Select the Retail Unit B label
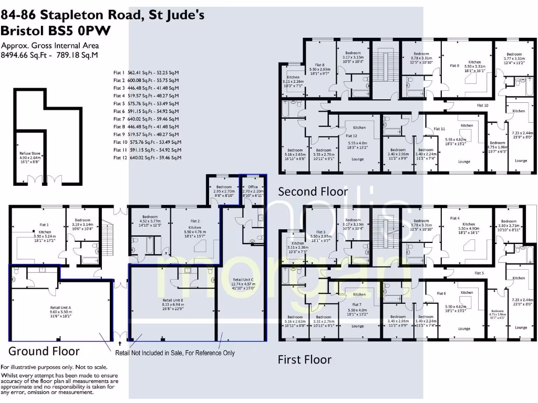[x=173, y=299]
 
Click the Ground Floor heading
[x=44, y=351]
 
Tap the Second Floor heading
[x=313, y=191]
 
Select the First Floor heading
[x=305, y=359]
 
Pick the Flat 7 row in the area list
[x=146, y=119]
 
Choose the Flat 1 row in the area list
[x=146, y=73]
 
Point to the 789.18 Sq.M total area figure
[x=80, y=55]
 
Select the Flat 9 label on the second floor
[x=454, y=66]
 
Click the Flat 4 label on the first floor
[x=454, y=218]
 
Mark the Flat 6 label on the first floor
[x=441, y=293]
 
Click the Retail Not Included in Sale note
[x=175, y=353]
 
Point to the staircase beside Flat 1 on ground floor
[x=109, y=231]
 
